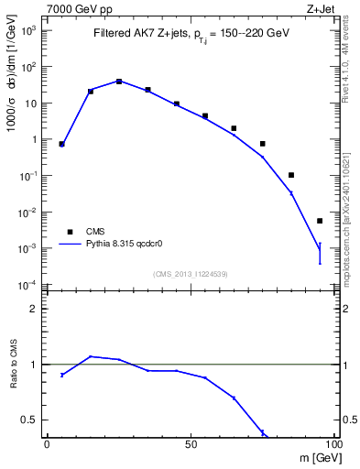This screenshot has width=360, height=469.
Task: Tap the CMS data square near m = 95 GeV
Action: (x=320, y=221)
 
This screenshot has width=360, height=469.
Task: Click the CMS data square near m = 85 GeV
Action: (x=291, y=175)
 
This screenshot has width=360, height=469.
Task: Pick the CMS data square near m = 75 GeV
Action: (x=263, y=144)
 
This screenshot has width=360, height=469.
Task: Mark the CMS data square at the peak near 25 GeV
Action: (x=119, y=82)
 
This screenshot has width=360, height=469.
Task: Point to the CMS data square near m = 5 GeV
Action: (x=61, y=144)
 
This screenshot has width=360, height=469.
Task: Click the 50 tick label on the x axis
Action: (x=191, y=443)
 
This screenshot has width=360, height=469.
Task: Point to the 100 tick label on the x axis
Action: (x=332, y=443)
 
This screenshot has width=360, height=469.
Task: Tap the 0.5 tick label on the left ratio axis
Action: (x=30, y=420)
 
